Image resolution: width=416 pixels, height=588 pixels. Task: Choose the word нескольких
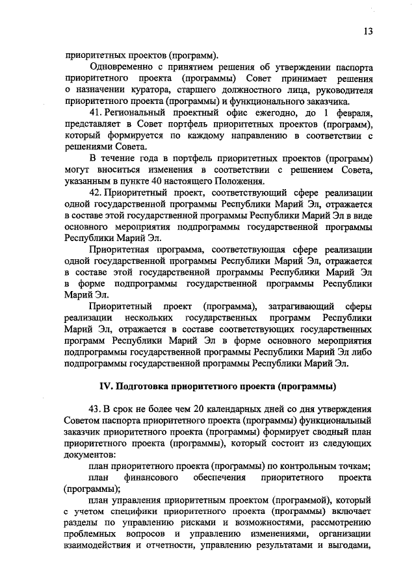pos(148,318)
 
